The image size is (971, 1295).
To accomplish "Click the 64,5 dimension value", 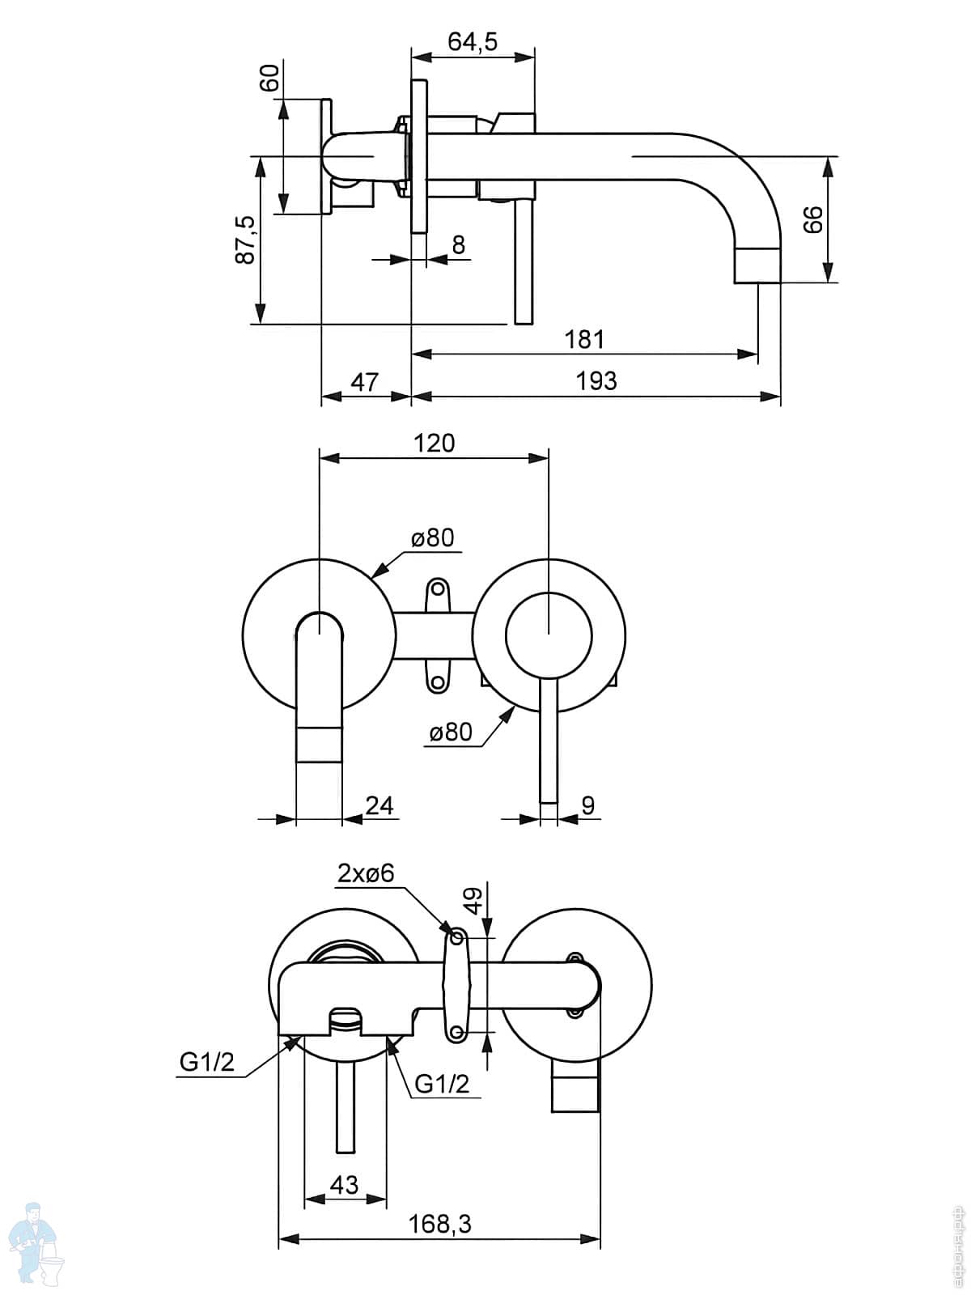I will pos(473,41).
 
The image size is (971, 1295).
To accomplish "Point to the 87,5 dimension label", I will pos(245,240).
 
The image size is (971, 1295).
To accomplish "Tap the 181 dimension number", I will pos(584,338).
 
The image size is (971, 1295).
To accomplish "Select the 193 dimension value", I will pos(596,380).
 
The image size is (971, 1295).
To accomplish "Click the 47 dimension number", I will pos(365,381).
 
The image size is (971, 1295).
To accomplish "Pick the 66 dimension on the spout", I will pos(813,219).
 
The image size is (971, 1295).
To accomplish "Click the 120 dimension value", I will pos(435,443).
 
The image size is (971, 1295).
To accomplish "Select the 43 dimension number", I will pos(345,1184).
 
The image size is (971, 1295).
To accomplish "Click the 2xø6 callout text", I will pos(366,873).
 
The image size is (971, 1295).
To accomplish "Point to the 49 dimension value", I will pos(474,900).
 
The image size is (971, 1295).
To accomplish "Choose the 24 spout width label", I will pos(379,805).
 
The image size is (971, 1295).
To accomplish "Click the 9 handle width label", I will pos(588,805).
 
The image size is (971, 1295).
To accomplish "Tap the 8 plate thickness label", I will pos(459,244).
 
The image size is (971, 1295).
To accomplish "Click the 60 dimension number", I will pos(269,78).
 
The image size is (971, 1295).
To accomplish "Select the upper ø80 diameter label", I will pos(432,537).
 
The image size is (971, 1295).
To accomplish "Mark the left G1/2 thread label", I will pos(206,1062).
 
